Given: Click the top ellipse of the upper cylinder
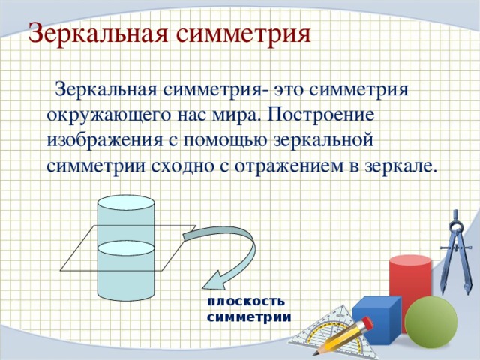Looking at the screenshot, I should (126, 202).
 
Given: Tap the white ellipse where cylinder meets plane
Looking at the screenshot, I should (126, 247).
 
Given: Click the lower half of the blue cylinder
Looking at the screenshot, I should (126, 281).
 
